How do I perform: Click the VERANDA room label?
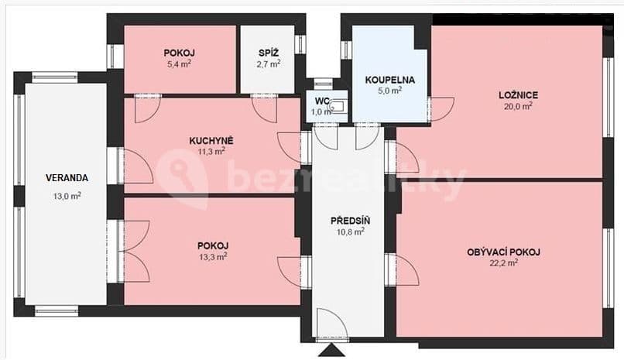click(x=66, y=177)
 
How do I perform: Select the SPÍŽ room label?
click(x=269, y=53)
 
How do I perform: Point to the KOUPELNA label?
click(x=389, y=79)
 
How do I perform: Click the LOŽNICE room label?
click(x=518, y=95)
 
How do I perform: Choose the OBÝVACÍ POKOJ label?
click(x=503, y=252)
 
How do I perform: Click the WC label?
click(x=322, y=101)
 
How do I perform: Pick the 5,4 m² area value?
click(x=178, y=64)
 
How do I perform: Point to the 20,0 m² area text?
click(x=517, y=107)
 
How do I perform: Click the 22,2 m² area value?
click(x=503, y=263)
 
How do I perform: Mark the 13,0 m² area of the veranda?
click(x=67, y=196)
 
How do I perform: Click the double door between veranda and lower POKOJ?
click(x=133, y=249)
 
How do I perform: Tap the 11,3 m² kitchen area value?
click(x=211, y=152)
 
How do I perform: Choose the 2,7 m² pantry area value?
click(x=269, y=64)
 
